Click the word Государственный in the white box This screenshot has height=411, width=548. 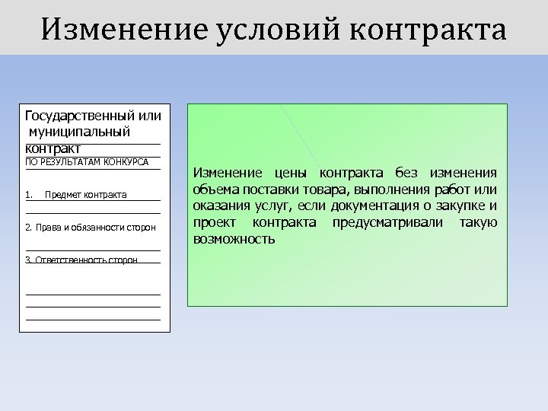click(x=78, y=116)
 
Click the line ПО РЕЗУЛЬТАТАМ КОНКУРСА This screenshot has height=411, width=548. click(x=87, y=162)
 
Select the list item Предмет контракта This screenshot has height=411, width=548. click(x=86, y=196)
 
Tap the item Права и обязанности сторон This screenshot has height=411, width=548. click(x=91, y=228)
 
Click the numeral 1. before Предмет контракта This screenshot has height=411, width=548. click(x=29, y=196)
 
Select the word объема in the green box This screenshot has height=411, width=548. click(x=215, y=190)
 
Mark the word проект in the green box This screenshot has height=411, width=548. click(x=216, y=222)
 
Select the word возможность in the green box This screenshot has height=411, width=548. click(x=235, y=239)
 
